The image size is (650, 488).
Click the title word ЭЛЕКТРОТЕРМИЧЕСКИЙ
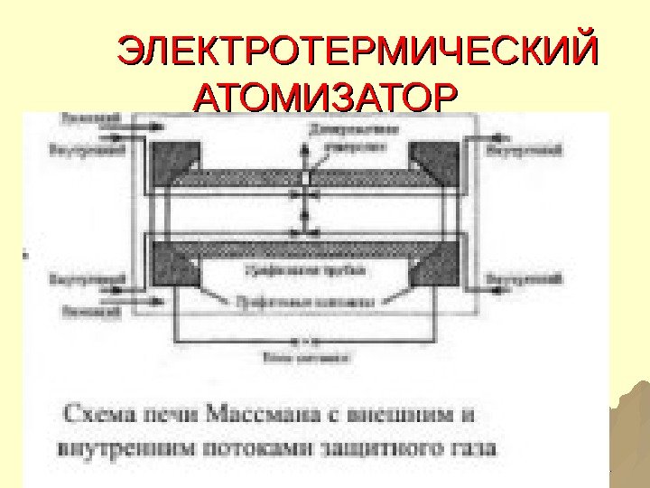tap(359, 52)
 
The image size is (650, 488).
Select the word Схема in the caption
tap(99, 417)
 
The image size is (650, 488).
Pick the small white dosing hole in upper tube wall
tap(305, 178)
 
